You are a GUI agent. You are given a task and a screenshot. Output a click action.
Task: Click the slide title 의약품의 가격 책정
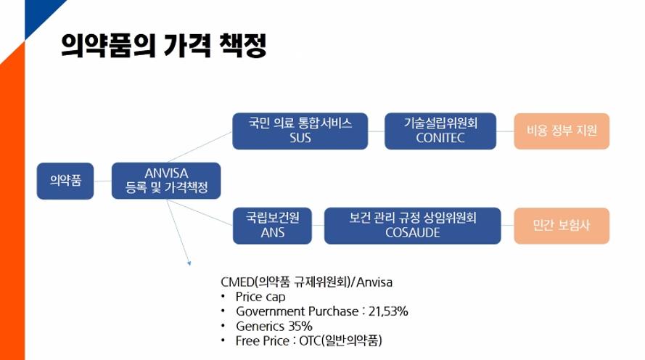tap(164, 45)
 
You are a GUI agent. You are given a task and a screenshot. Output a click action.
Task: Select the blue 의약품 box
tap(65, 181)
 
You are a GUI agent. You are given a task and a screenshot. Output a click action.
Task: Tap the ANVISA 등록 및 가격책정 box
tap(166, 181)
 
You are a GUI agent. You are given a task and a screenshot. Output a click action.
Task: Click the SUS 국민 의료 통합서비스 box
tap(300, 131)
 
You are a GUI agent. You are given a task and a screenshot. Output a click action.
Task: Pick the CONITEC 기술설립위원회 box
tap(440, 131)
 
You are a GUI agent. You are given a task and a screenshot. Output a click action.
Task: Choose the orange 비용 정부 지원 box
tap(562, 131)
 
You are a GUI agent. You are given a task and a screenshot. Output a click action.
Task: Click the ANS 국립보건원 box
tap(272, 226)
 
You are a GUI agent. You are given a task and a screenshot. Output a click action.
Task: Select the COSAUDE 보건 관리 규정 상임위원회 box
tap(413, 226)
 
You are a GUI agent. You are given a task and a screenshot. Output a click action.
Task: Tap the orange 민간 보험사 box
tap(562, 226)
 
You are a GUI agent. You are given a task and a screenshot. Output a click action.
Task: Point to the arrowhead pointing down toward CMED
tap(189, 263)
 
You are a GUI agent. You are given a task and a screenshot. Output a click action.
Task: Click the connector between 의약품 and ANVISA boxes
tap(103, 181)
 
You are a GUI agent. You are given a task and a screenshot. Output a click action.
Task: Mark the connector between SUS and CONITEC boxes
tap(376, 131)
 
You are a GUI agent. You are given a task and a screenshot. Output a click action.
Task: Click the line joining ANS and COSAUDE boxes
tap(318, 226)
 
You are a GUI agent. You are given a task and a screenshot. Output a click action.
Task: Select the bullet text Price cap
tap(260, 297)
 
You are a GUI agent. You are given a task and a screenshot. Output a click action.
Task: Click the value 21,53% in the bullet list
tap(388, 311)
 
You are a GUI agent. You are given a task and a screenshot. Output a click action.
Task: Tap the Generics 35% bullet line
tap(274, 327)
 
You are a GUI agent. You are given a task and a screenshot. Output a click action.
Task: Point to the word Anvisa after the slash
tap(374, 282)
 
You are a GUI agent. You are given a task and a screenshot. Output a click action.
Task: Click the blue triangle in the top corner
tap(39, 13)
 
